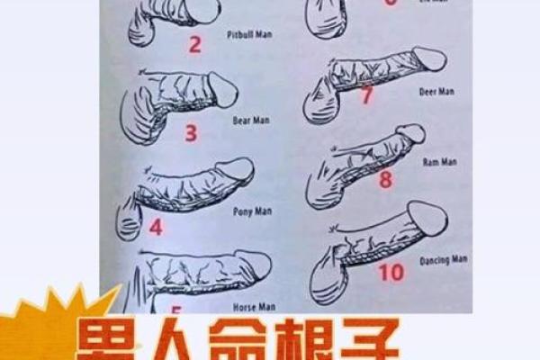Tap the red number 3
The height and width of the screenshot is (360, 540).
[x=191, y=134]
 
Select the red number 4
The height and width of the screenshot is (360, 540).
[x=156, y=226]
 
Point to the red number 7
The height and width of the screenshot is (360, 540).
[x=366, y=94]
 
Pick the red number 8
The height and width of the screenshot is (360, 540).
[x=385, y=179]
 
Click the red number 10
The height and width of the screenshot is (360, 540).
[x=391, y=271]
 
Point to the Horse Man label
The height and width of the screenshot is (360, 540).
[x=254, y=307]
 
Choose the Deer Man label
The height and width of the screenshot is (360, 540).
[x=437, y=92]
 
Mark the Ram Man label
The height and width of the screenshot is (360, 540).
[x=440, y=162]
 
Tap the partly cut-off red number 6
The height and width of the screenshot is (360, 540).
[x=390, y=3]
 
